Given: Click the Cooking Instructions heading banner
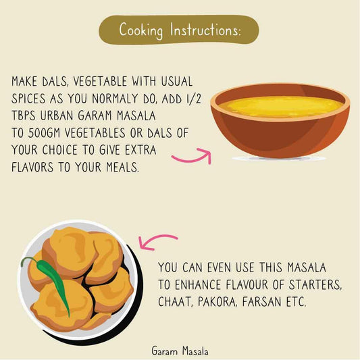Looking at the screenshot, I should [x=179, y=30].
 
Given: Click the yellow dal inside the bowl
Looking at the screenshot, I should [x=280, y=106].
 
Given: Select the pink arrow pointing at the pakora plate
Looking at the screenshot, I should [x=156, y=241].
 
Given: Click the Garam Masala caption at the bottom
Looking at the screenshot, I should [x=180, y=351].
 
